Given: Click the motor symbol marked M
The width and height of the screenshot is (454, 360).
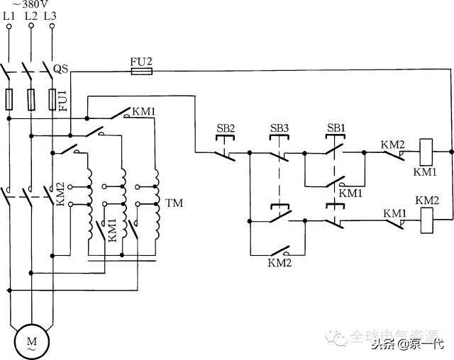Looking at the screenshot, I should (x=31, y=343).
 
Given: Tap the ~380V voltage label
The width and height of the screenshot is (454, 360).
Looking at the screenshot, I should (x=31, y=4).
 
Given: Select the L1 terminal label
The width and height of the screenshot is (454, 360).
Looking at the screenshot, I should (x=10, y=15).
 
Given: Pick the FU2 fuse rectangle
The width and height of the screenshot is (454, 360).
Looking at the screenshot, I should (x=141, y=71).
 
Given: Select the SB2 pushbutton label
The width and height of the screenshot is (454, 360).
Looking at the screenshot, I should (x=226, y=128).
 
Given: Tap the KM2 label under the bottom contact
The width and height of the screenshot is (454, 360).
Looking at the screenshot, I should (x=279, y=263).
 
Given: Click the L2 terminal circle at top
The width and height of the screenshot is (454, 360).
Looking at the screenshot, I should (x=31, y=27).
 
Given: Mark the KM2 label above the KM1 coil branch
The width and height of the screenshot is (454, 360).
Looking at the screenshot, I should (x=393, y=144).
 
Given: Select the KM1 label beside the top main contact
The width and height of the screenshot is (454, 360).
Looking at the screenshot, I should (x=144, y=111).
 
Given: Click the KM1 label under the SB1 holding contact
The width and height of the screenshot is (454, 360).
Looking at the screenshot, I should (x=350, y=193).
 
